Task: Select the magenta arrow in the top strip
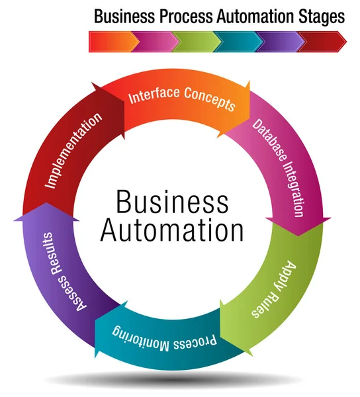(x=154, y=41)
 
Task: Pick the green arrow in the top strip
(x=196, y=41)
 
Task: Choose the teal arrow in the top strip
(x=237, y=41)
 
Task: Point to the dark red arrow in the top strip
(x=322, y=41)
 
